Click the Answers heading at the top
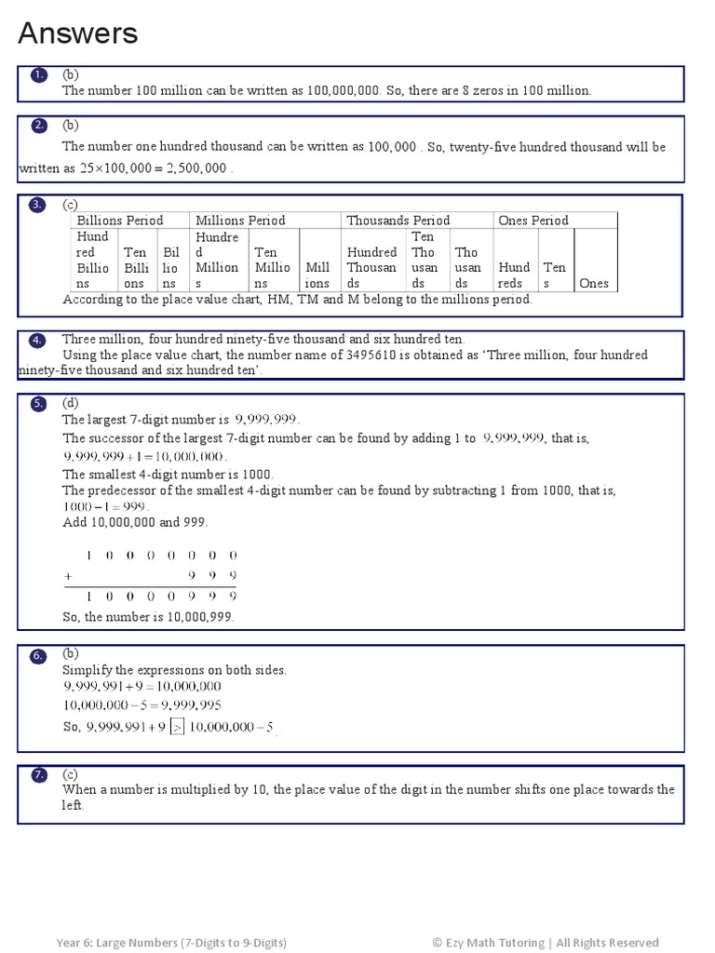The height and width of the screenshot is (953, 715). click(78, 34)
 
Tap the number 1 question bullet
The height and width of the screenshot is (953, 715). click(38, 74)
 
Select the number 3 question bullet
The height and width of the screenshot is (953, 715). click(38, 205)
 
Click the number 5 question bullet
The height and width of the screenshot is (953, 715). click(38, 403)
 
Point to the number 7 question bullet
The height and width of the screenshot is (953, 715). click(38, 774)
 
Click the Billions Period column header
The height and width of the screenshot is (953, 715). click(120, 221)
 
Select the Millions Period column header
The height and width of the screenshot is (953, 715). click(240, 221)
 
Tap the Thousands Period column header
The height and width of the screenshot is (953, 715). click(398, 221)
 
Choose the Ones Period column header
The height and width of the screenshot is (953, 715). click(533, 221)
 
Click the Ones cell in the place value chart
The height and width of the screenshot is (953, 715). click(594, 283)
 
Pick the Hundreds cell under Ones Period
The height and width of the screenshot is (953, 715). click(514, 275)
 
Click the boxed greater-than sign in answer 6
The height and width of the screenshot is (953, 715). click(176, 728)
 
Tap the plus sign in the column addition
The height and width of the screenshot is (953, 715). click(68, 576)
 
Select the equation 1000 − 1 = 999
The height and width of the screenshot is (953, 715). click(105, 506)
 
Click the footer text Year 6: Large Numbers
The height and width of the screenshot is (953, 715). click(171, 943)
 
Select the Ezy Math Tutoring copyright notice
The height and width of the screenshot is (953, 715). click(545, 943)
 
